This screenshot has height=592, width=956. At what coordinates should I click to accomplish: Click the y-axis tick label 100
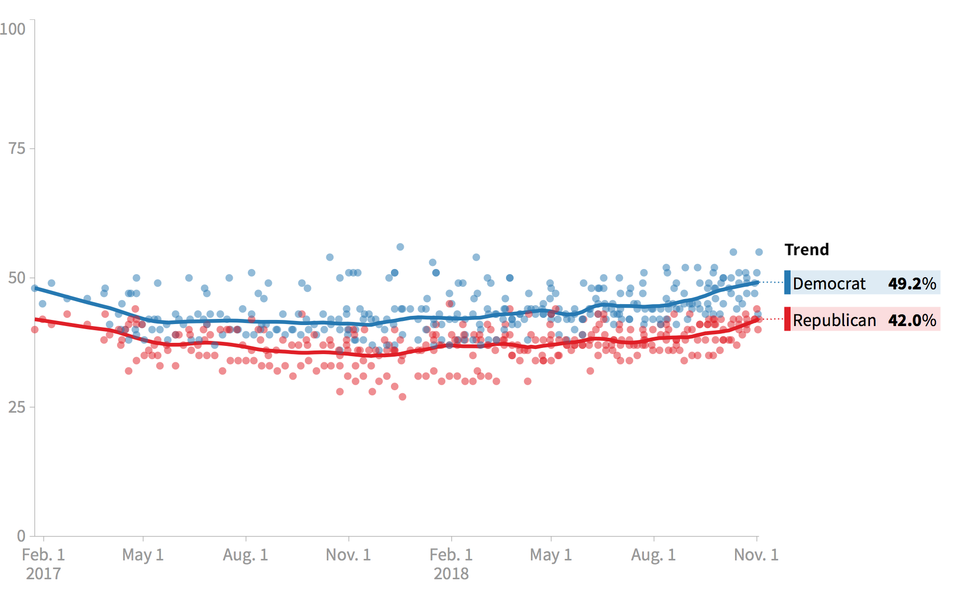tap(13, 29)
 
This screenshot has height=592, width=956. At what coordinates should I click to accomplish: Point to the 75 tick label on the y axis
tap(17, 148)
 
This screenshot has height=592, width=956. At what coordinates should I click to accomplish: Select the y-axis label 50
tap(17, 278)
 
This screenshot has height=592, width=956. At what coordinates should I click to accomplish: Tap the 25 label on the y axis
tap(17, 407)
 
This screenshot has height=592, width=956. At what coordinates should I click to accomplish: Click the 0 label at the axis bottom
tap(21, 535)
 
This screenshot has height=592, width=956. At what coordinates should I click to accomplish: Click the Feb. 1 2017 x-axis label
tap(43, 563)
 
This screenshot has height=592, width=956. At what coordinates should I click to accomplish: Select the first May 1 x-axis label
tap(143, 554)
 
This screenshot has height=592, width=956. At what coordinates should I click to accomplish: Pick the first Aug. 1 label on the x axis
tap(245, 554)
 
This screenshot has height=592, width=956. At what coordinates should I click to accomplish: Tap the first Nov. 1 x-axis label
tap(348, 554)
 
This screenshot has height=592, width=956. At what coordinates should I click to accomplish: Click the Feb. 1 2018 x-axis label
tap(451, 563)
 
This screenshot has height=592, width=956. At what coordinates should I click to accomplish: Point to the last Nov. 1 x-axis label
tap(756, 554)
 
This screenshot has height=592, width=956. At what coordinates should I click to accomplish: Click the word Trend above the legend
tap(806, 250)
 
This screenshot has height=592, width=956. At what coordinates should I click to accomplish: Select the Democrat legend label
tap(829, 283)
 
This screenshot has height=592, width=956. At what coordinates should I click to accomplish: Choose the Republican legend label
tap(834, 320)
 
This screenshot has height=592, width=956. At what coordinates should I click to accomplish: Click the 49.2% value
tap(912, 283)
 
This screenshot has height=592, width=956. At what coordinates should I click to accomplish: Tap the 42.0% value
tap(912, 320)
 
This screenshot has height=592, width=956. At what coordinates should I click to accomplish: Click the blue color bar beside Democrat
tap(787, 282)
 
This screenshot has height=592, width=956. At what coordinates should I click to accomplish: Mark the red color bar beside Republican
tap(787, 319)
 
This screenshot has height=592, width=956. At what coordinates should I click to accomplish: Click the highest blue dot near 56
tap(400, 247)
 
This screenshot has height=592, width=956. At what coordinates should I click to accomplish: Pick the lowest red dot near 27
tap(402, 397)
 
